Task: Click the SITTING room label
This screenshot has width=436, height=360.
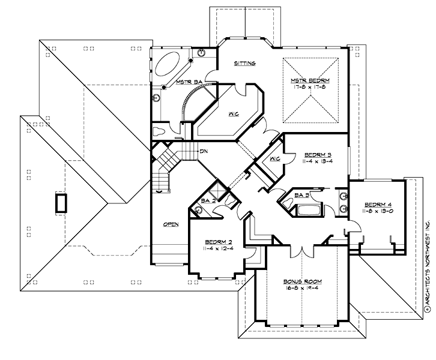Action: click(245, 63)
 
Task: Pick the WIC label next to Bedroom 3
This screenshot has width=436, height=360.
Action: click(276, 159)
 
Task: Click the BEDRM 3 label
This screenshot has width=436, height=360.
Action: click(318, 154)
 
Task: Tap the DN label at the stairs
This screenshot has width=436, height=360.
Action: click(204, 151)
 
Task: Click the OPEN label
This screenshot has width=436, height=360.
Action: click(171, 224)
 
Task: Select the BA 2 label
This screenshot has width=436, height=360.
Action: click(209, 200)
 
